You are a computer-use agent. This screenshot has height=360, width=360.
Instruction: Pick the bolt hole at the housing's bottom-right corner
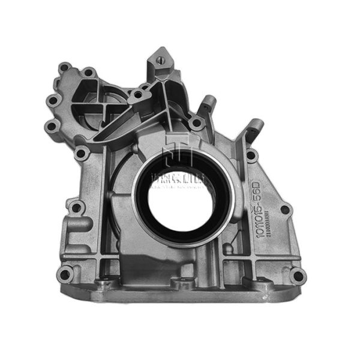click(x=296, y=275)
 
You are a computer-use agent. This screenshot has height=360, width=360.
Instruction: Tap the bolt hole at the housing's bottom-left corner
click(x=65, y=275)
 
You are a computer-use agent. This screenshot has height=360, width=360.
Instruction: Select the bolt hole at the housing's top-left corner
click(x=65, y=67)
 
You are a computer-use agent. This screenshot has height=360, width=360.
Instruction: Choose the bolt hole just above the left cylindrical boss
click(x=76, y=208)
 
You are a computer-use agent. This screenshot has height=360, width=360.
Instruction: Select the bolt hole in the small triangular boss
click(x=139, y=94)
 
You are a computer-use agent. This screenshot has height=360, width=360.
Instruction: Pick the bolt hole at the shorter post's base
click(x=196, y=124)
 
